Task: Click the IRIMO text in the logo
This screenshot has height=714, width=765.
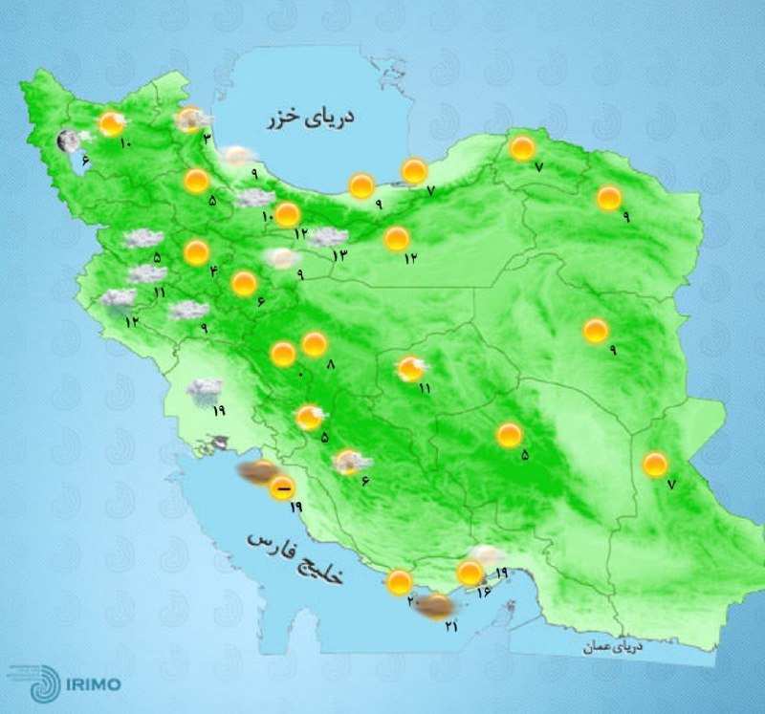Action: point(93,684)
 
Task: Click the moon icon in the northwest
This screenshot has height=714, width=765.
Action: point(68,142)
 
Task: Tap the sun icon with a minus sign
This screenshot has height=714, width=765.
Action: point(281,491)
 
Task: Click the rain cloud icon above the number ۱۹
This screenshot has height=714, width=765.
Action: point(205,388)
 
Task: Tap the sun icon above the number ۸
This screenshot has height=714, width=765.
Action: point(314,344)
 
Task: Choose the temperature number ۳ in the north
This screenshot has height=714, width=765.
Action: point(207,140)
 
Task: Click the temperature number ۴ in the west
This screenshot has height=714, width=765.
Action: point(214,270)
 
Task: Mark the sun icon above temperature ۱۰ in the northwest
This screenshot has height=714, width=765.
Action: point(113,122)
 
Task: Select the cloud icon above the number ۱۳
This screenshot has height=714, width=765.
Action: point(328,237)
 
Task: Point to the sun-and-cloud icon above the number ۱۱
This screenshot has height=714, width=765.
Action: point(412,368)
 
